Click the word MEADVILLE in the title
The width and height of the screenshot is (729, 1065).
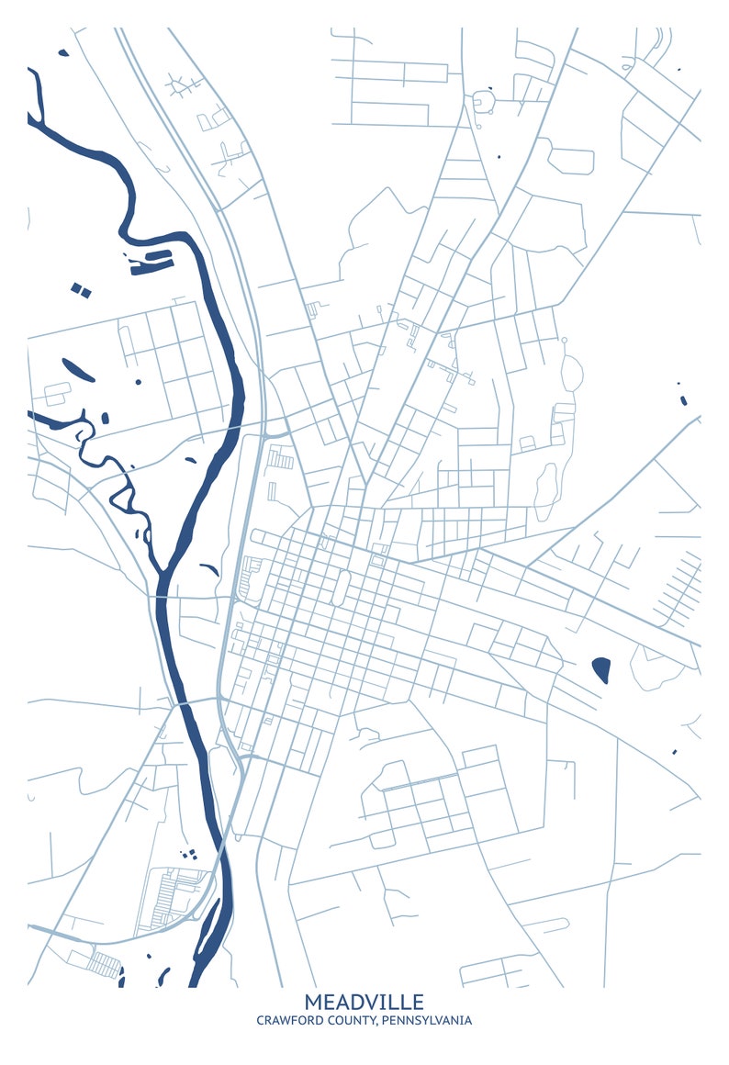[x=364, y=1002]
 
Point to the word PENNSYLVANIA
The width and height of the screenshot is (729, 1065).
[x=426, y=1021]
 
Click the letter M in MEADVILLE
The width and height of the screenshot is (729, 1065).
[x=313, y=1002]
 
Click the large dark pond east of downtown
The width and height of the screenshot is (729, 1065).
[x=602, y=669]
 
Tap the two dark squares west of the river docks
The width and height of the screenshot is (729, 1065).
[x=82, y=290]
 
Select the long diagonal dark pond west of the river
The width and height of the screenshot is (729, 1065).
[x=78, y=369]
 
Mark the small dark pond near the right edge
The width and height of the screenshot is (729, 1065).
[x=683, y=399]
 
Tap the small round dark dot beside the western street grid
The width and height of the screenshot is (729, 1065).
[x=138, y=381]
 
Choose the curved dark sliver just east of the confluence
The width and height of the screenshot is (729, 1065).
[x=209, y=569]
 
